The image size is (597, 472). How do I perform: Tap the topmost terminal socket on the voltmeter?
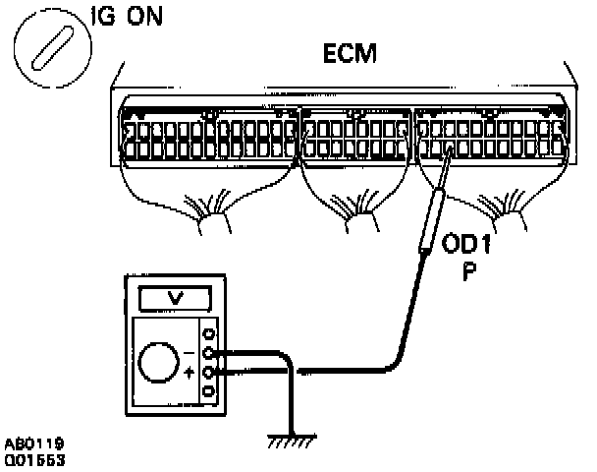point(206,332)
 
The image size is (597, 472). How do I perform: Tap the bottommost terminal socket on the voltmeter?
point(206,392)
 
